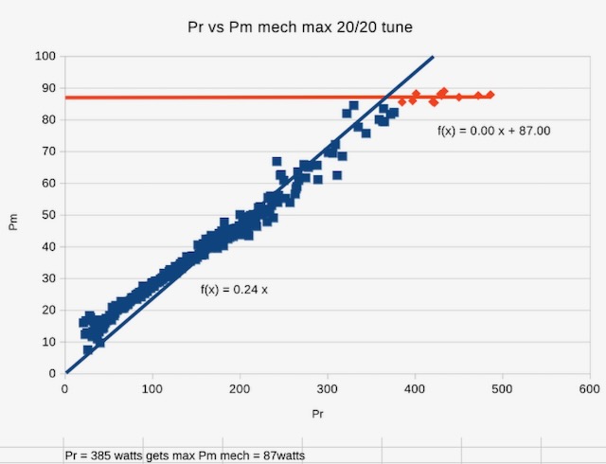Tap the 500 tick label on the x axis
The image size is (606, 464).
pos(502,389)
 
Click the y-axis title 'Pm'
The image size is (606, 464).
pos(13,223)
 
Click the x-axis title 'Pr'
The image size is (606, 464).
pos(324,415)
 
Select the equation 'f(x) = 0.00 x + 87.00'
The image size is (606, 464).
pos(494,131)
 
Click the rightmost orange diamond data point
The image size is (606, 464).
pos(490,95)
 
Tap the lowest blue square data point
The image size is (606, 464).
pos(88,349)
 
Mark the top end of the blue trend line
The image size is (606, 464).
pos(433,58)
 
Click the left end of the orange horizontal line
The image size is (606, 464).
pos(66,98)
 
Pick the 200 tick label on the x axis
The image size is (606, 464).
pos(241,389)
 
